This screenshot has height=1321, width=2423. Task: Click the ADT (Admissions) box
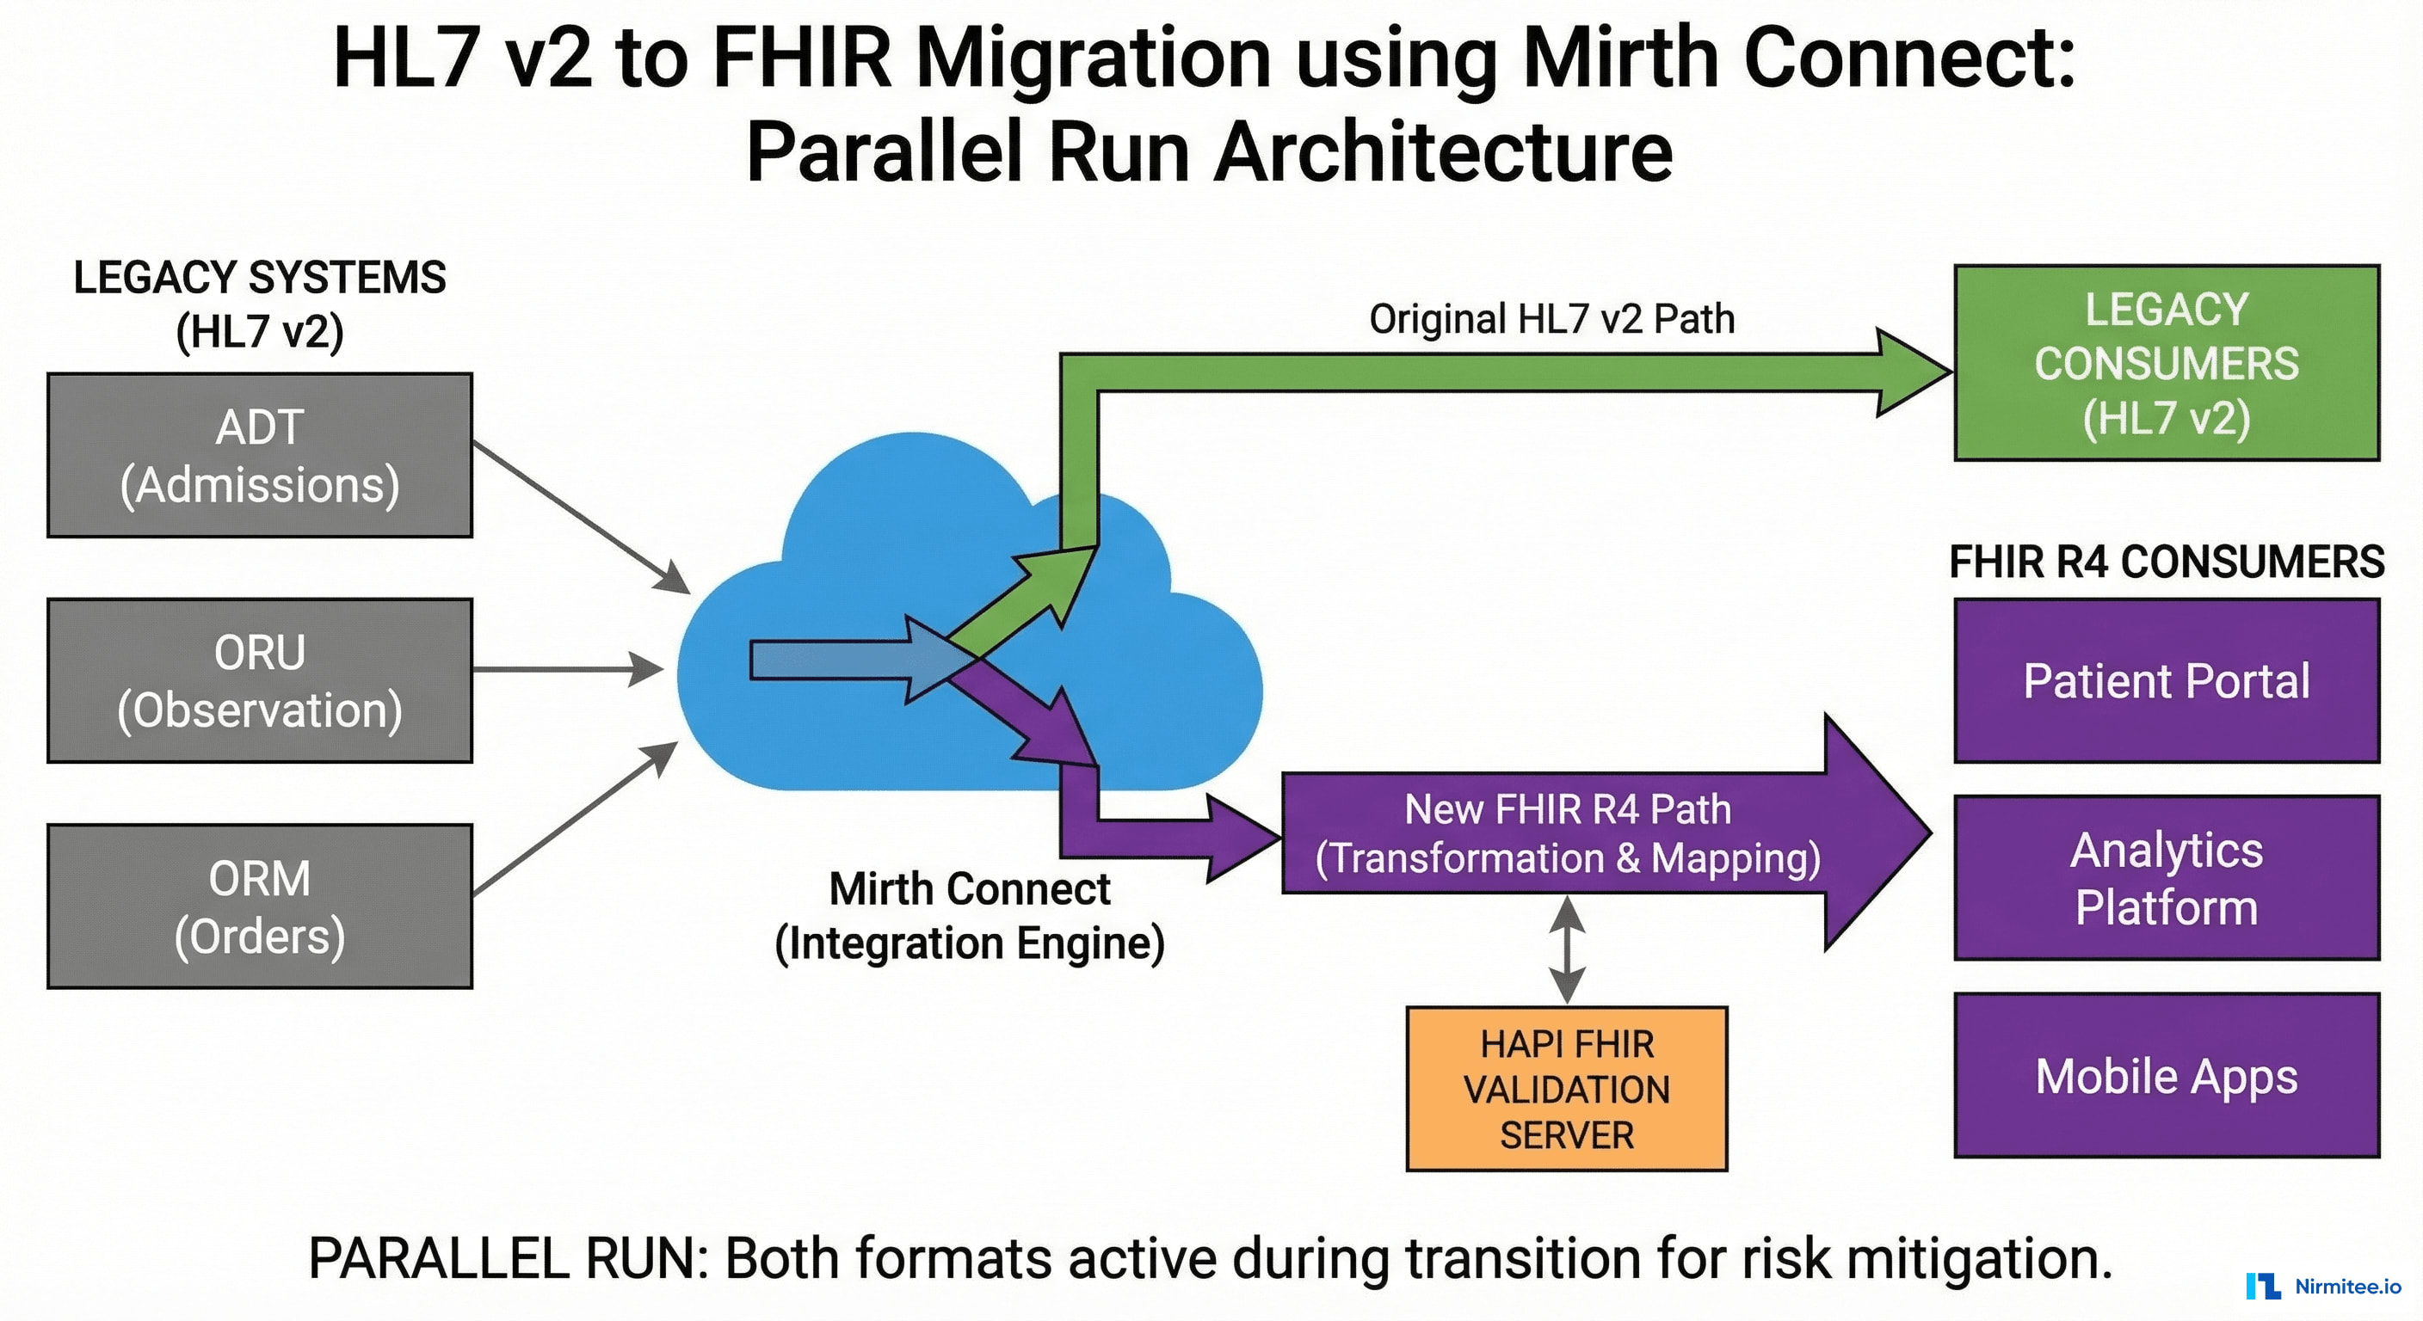pyautogui.click(x=260, y=456)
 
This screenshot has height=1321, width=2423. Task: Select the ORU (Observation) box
pyautogui.click(x=260, y=681)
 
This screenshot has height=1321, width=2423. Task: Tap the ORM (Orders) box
pyautogui.click(x=260, y=906)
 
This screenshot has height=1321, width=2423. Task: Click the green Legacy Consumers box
pyautogui.click(x=2167, y=363)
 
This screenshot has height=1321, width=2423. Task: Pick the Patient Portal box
pyautogui.click(x=2167, y=681)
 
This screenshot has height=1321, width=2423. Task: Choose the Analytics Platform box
pyautogui.click(x=2167, y=878)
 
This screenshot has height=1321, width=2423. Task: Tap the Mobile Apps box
pyautogui.click(x=2167, y=1076)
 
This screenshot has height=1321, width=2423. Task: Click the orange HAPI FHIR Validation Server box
pyautogui.click(x=1566, y=1089)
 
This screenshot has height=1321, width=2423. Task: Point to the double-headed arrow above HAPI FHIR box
pyautogui.click(x=1566, y=949)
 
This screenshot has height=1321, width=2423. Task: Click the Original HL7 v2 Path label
pyautogui.click(x=1551, y=320)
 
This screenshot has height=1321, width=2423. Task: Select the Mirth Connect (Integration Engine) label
pyautogui.click(x=969, y=916)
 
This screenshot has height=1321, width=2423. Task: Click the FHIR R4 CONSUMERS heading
pyautogui.click(x=2167, y=562)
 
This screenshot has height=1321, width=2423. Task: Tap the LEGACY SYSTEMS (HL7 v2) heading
pyautogui.click(x=260, y=304)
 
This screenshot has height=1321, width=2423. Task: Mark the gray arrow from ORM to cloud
pyautogui.click(x=575, y=818)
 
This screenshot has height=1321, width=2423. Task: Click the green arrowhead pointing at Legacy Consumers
pyautogui.click(x=1909, y=372)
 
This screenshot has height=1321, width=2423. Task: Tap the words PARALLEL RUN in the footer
pyautogui.click(x=508, y=1258)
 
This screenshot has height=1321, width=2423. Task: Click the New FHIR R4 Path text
pyautogui.click(x=1567, y=809)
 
